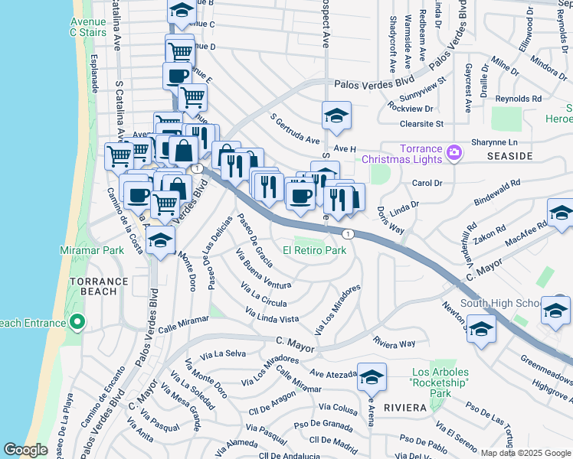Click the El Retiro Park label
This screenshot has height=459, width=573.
(x=314, y=250)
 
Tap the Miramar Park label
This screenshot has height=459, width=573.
(x=92, y=251)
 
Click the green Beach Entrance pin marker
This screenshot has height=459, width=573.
(x=77, y=324)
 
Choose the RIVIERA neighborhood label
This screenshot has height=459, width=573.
(x=404, y=408)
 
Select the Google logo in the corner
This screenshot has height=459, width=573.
(x=26, y=451)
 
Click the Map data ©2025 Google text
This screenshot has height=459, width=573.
(x=526, y=453)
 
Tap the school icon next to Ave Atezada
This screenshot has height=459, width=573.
(x=372, y=377)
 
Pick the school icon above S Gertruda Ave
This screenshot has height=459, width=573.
(x=336, y=116)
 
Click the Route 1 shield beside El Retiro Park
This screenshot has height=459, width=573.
(x=348, y=233)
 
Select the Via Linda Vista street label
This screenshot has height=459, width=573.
(x=271, y=314)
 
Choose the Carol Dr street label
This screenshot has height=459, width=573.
(x=427, y=184)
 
